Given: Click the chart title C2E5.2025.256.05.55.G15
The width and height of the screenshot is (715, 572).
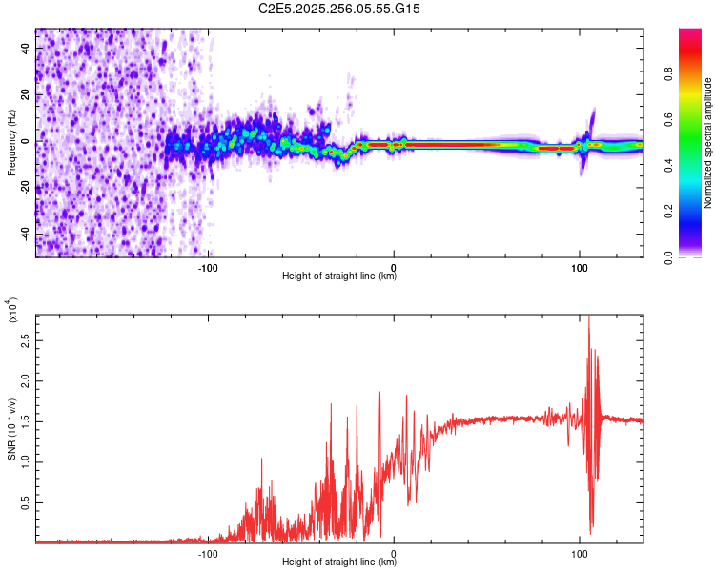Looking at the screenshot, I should click(x=339, y=9).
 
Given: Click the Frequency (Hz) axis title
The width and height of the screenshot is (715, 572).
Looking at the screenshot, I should click(x=11, y=142).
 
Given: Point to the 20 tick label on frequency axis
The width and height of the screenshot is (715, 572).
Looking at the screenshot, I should click(x=25, y=95).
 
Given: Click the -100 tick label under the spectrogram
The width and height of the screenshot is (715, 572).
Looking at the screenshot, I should click(x=209, y=268).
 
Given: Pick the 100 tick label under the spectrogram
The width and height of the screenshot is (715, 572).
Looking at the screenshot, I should click(x=579, y=268).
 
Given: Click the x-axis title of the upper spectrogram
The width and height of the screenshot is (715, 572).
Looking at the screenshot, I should click(x=339, y=277).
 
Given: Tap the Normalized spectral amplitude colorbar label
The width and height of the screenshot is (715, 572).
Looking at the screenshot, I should click(x=708, y=143).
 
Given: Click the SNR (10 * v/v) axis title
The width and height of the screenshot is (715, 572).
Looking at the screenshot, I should click(x=11, y=427).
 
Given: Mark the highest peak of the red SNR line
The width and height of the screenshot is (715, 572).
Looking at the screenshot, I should click(x=588, y=317).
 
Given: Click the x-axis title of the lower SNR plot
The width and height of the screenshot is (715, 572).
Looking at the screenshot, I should click(x=339, y=563).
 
